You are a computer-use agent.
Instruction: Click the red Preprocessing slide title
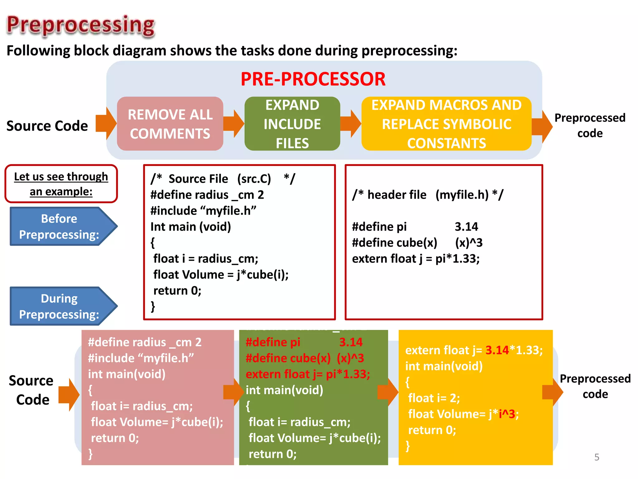[81, 25]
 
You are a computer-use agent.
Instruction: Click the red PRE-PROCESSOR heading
[313, 79]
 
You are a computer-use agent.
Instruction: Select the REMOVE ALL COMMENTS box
[170, 124]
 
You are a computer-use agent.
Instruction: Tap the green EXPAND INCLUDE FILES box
[292, 124]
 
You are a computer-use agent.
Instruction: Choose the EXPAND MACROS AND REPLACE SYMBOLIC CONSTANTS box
[446, 124]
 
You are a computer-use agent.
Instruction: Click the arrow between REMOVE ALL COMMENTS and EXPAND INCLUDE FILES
[234, 123]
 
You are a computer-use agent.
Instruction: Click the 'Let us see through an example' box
[61, 184]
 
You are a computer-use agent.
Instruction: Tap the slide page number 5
[597, 457]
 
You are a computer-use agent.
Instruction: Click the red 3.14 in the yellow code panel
[497, 350]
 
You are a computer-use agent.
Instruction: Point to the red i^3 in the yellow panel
[507, 414]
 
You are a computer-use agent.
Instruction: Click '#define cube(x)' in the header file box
[394, 243]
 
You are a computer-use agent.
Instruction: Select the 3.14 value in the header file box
[466, 227]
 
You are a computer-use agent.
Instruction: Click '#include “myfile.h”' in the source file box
[203, 211]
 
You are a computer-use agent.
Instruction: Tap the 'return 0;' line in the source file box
[177, 291]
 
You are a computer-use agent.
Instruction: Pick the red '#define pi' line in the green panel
[273, 342]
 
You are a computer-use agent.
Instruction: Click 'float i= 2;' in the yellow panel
[434, 398]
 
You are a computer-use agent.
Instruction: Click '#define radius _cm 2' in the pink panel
[145, 342]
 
